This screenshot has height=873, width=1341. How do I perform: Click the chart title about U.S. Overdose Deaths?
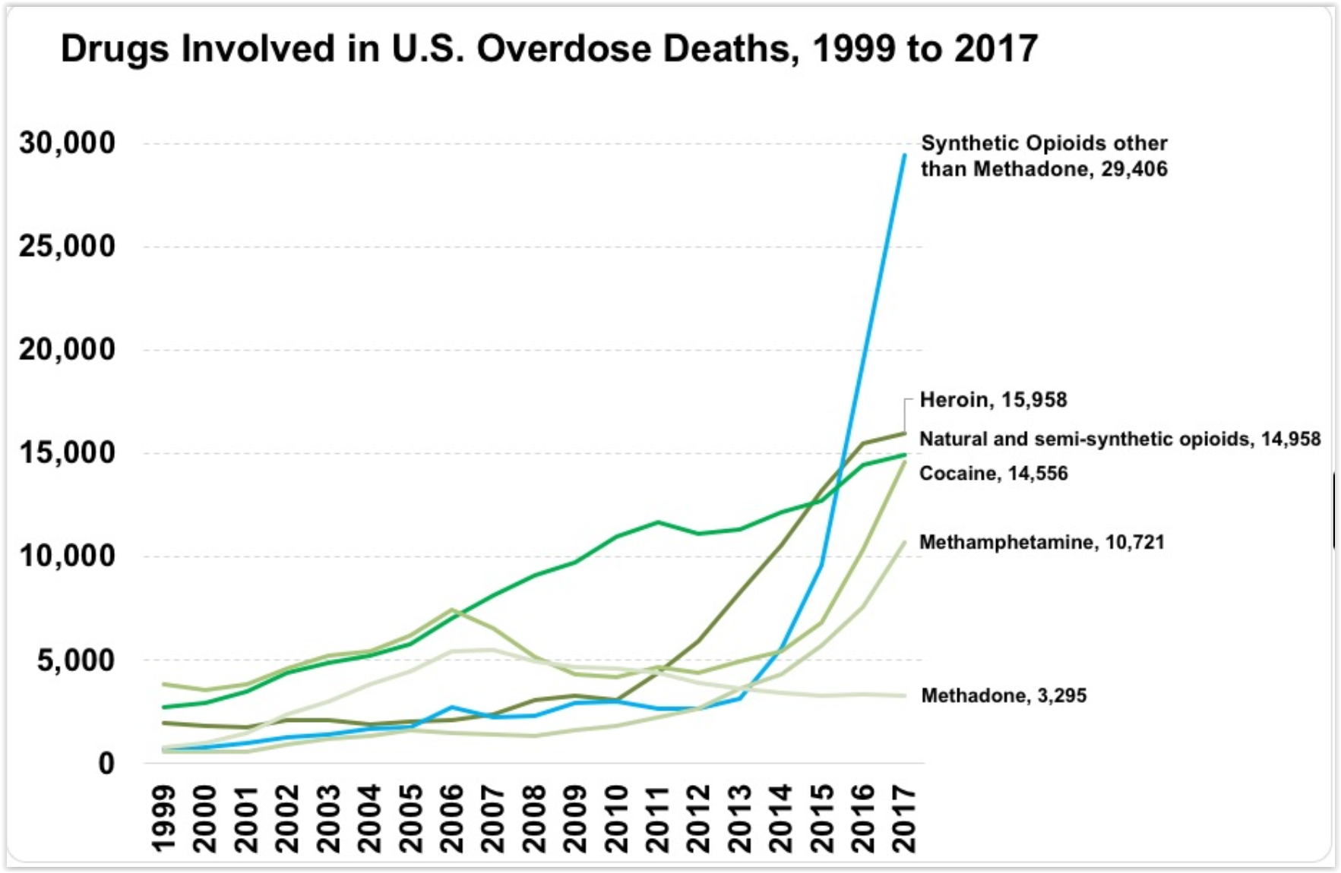549,49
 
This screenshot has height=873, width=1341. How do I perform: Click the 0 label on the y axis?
106,763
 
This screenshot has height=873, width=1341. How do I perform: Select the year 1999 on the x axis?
164,819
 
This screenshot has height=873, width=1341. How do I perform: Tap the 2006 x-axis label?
452,819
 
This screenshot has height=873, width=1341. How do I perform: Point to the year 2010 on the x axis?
617,819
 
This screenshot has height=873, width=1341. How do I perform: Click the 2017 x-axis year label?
904,819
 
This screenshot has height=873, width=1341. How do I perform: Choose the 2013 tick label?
740,819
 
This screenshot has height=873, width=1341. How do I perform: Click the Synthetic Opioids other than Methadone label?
1043,156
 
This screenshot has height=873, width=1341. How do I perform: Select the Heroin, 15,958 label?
993,399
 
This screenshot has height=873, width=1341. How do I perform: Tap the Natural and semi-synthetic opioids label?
1119,439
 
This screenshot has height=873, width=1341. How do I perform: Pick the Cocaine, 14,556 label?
993,473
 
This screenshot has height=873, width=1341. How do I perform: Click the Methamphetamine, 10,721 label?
1041,542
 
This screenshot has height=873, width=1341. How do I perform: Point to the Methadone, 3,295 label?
1003,695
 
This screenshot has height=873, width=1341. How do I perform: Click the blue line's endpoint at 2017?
904,155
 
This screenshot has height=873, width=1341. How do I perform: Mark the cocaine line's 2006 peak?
452,609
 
